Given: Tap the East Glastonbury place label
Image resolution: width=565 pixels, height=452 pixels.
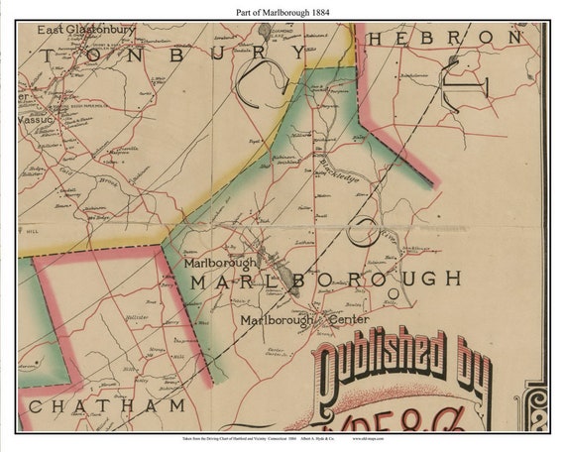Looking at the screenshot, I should point(86,31).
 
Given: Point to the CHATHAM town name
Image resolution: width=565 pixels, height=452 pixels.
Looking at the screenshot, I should point(107,406).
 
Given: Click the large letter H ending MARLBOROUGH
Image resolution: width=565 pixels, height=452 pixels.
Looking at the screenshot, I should point(452,279).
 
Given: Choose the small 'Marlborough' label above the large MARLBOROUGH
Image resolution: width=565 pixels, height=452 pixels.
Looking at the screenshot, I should point(219,263).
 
